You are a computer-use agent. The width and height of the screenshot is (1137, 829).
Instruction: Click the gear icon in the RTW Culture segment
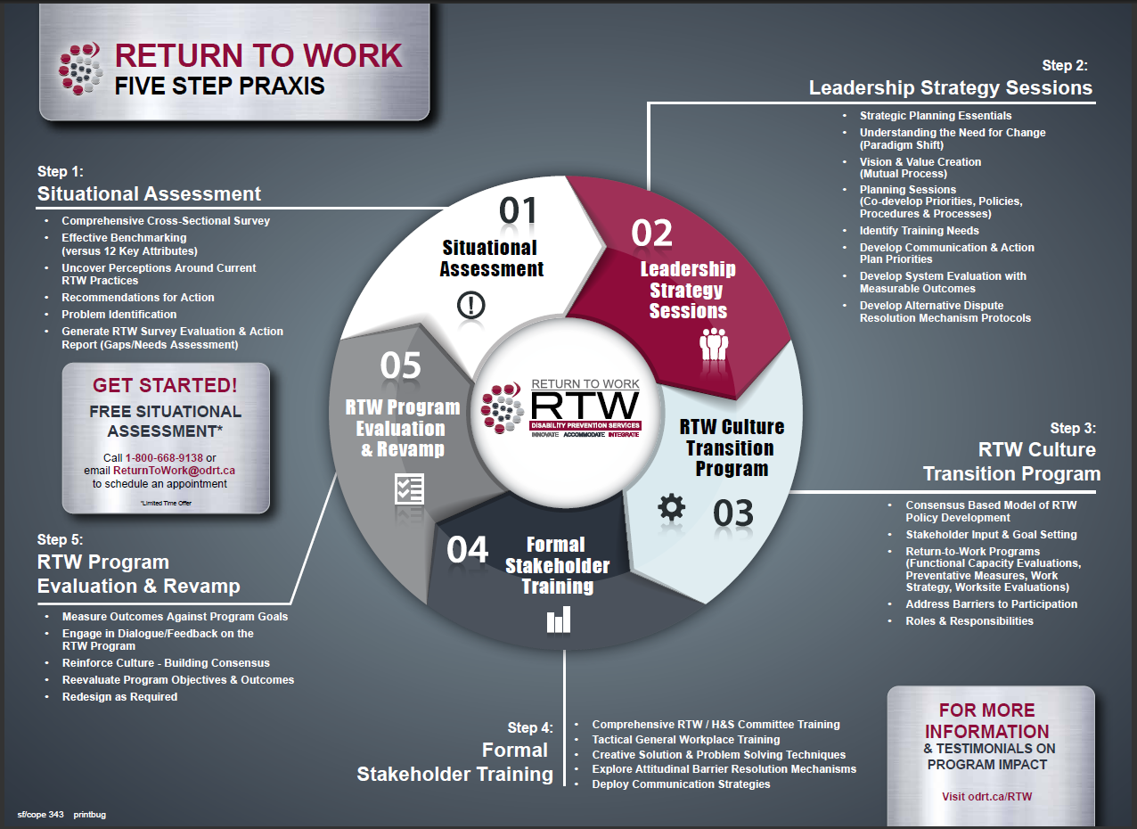tap(672, 507)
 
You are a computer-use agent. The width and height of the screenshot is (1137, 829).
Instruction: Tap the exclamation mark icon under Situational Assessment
tap(470, 306)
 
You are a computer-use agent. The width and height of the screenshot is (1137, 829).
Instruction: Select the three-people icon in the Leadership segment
tap(714, 344)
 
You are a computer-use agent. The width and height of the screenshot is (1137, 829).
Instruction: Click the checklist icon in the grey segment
tap(409, 488)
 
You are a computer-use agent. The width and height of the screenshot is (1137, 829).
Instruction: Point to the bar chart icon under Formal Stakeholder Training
tap(559, 620)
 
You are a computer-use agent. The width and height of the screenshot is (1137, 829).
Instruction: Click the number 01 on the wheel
tap(518, 210)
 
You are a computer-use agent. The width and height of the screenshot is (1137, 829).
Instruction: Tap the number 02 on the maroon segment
tap(651, 233)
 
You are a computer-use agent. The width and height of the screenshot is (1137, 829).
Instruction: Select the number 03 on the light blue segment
tap(732, 513)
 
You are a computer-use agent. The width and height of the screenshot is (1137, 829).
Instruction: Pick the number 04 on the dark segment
tap(468, 550)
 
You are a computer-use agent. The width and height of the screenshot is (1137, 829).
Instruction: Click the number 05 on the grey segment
tap(400, 366)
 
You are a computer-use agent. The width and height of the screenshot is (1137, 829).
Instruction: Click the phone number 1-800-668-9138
tap(164, 457)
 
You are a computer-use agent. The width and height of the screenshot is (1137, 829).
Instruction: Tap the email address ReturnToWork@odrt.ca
tap(174, 471)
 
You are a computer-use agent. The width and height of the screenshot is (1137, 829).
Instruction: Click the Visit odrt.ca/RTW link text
tap(986, 796)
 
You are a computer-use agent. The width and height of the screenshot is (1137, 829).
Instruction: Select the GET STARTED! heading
tap(165, 385)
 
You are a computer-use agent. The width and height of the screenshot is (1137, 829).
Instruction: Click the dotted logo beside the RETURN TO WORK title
tap(81, 70)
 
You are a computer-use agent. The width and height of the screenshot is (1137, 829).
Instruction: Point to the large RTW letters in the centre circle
tap(585, 406)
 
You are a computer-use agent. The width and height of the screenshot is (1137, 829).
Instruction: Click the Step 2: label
tap(1065, 65)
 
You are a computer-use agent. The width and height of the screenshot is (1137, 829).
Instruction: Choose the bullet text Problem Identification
tap(119, 314)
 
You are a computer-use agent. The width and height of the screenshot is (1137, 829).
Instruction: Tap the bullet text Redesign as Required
tap(119, 696)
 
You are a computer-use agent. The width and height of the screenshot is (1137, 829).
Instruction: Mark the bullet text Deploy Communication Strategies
tap(681, 784)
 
